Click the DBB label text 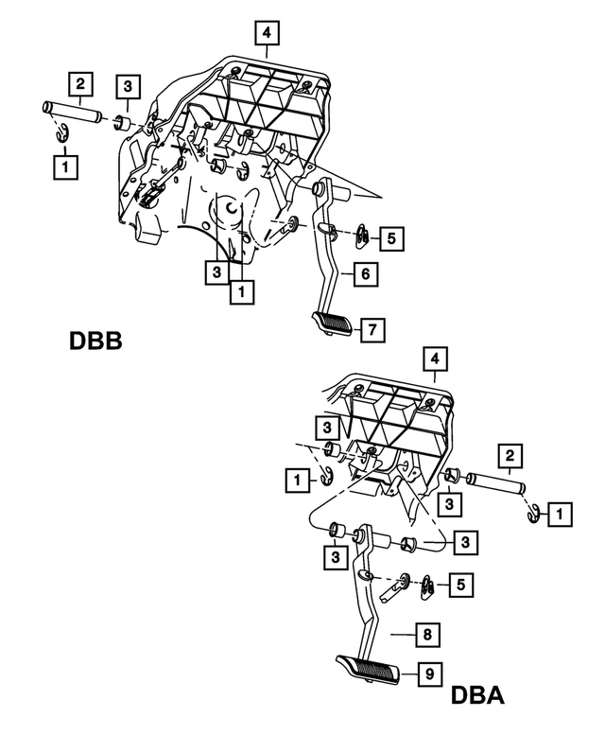pos(95,340)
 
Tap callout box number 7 pos(372,329)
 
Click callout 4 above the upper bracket pos(268,33)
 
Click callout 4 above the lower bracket pos(434,359)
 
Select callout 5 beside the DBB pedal pos(392,236)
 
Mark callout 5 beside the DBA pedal pos(458,585)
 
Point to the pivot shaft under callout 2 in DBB pos(70,113)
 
